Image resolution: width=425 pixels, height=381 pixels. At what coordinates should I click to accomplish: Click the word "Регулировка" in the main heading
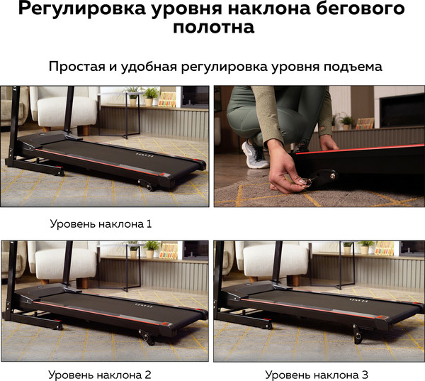click(83, 8)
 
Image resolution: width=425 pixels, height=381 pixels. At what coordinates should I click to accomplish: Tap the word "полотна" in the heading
click(214, 27)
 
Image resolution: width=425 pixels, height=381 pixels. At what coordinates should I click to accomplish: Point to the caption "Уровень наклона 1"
click(101, 223)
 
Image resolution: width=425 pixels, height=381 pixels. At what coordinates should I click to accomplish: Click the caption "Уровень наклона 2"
click(100, 375)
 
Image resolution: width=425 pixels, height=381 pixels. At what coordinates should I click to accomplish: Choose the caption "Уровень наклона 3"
click(317, 375)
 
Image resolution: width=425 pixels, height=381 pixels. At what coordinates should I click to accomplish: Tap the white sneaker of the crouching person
click(255, 154)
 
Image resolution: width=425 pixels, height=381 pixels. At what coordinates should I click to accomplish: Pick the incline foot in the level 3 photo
click(358, 333)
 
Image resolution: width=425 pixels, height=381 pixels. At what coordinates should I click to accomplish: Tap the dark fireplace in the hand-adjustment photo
click(402, 110)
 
